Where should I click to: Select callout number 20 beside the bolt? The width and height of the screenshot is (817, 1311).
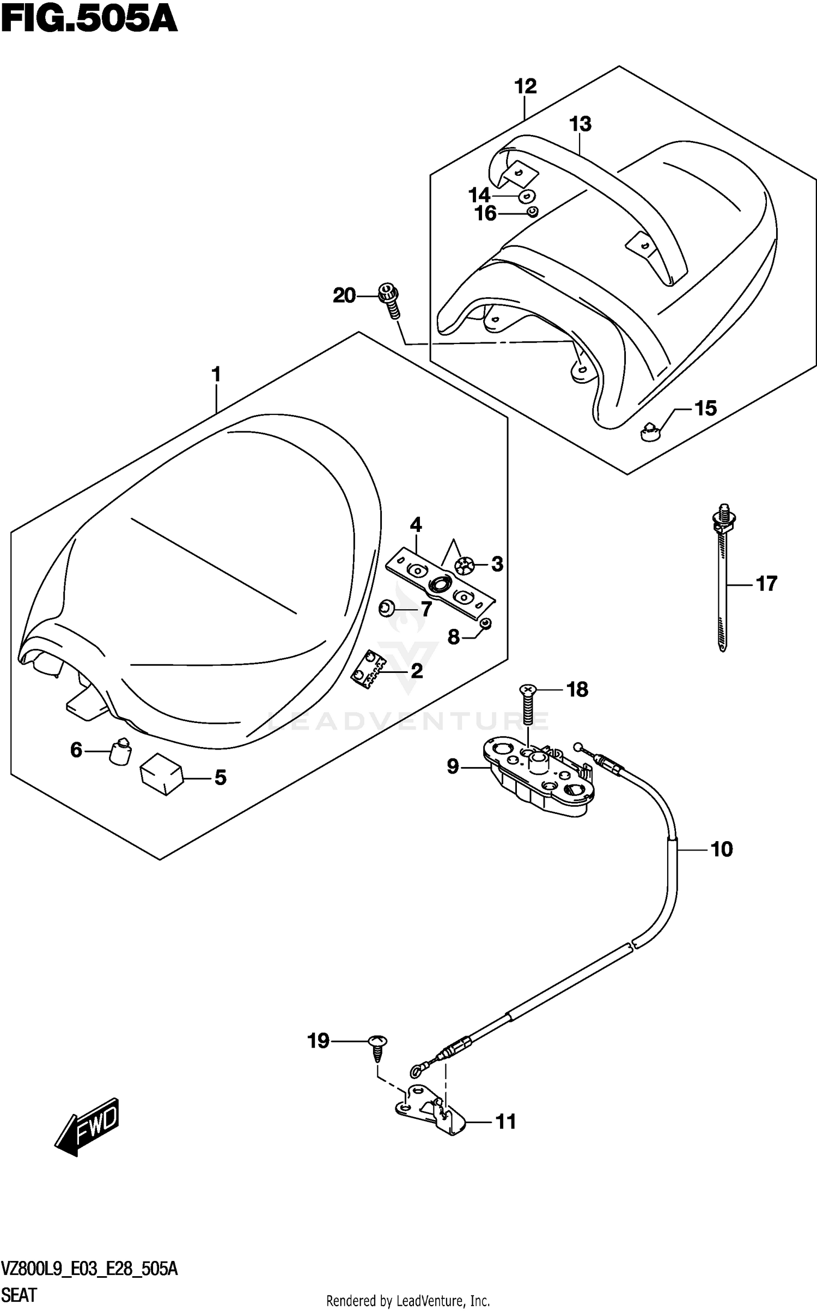pos(344,296)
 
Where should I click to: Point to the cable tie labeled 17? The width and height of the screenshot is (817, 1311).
pos(723,578)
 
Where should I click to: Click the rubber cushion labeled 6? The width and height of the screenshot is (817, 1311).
pos(121,751)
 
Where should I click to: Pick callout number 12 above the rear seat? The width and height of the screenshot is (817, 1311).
pos(526,86)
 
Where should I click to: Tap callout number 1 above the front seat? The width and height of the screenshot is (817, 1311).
pos(216,375)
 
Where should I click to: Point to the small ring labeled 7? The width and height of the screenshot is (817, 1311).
pos(387,608)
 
